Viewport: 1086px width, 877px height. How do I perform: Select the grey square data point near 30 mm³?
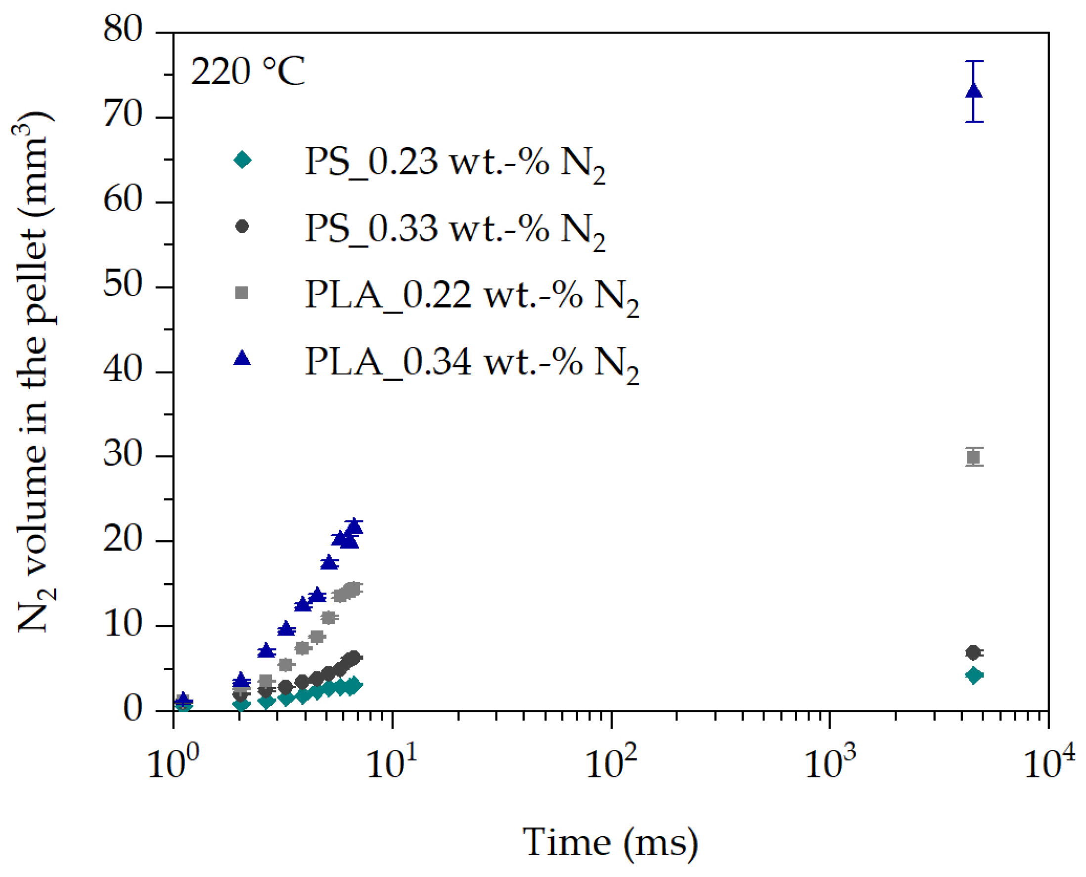point(973,457)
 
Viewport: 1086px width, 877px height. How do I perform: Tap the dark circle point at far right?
point(973,652)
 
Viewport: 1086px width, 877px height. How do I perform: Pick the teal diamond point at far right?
point(973,675)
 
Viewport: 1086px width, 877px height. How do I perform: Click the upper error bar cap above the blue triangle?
point(973,61)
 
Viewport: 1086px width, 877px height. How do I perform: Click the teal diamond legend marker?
point(242,160)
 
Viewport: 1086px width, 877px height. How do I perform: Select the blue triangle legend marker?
point(242,358)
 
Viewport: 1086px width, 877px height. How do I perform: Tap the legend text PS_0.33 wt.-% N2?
point(454,230)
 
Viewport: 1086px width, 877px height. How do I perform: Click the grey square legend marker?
point(242,292)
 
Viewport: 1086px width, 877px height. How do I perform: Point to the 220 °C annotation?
point(247,71)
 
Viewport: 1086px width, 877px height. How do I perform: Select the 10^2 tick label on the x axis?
point(611,763)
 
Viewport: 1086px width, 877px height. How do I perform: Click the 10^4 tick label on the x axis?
point(1048,763)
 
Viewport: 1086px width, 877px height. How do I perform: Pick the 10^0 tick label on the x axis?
point(173,763)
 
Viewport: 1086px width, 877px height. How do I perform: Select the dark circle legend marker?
point(242,227)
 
